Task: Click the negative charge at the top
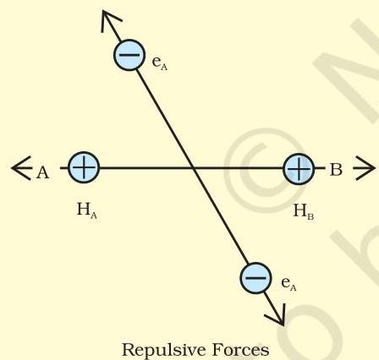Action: [129, 55]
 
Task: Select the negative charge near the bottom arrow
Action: [255, 278]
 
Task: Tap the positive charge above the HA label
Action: [84, 167]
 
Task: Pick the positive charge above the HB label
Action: [299, 169]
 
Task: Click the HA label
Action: [87, 210]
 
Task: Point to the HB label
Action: [304, 212]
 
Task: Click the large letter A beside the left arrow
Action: [42, 172]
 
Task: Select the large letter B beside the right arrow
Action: [336, 170]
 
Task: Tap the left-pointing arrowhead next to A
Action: [21, 168]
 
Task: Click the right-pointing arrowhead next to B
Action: [365, 168]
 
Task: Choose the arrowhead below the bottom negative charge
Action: [277, 315]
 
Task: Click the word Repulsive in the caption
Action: [164, 350]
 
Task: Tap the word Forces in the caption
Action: [240, 350]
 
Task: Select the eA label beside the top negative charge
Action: [160, 63]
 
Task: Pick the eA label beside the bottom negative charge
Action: [288, 284]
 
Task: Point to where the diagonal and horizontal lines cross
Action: [193, 168]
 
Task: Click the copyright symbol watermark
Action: [265, 171]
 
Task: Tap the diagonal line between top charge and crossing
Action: [165, 119]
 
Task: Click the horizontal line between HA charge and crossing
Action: [146, 168]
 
